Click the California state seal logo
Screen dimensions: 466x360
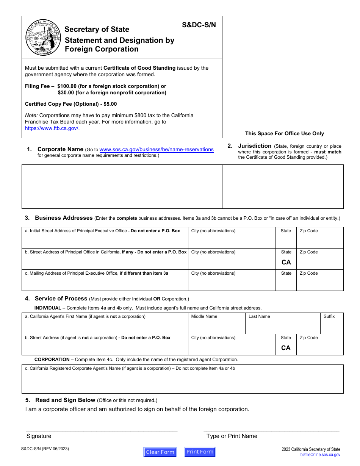43,38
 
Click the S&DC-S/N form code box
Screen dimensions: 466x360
199,25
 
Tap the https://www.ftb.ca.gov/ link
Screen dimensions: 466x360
52,128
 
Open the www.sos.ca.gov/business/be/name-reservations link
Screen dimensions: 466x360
157,150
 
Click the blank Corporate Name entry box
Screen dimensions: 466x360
122,186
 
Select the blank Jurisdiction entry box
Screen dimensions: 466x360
283,186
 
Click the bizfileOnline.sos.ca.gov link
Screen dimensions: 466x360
320,455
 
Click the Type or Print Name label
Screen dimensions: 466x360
232,436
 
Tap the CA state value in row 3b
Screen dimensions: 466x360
286,262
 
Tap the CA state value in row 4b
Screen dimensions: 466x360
286,348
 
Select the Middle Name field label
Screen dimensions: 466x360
204,317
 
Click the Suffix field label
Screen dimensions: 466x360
329,317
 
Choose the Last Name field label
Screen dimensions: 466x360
259,317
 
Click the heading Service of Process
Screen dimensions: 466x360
61,299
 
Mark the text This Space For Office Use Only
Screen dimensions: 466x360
284,133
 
